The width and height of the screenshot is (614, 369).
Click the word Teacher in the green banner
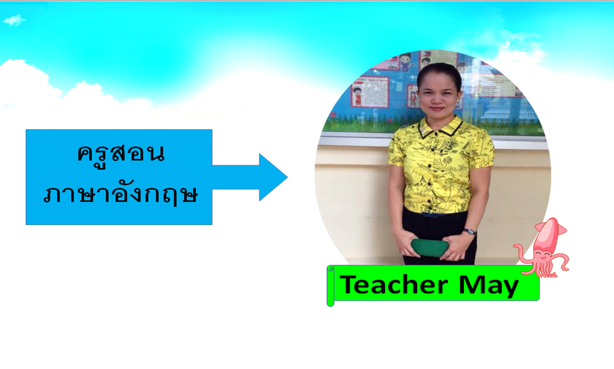tap(394, 285)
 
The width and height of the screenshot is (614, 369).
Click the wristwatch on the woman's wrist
tap(470, 232)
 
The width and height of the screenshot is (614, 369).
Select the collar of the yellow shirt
tap(440, 127)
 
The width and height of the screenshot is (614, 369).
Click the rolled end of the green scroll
tap(330, 286)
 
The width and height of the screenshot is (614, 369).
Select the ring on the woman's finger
tap(458, 257)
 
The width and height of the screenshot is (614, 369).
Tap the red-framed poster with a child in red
tap(370, 92)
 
